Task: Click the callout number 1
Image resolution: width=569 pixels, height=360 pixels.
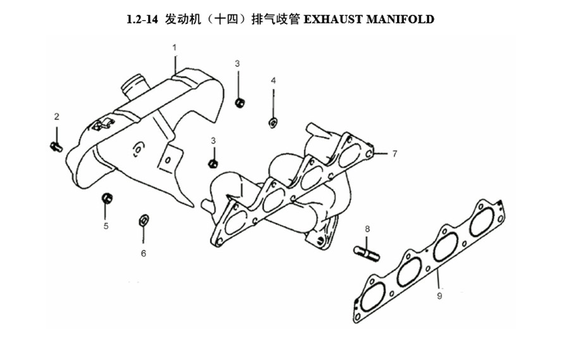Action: (174, 47)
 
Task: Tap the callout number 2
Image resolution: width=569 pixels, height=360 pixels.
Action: (57, 116)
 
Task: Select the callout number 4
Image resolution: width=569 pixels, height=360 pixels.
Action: (273, 80)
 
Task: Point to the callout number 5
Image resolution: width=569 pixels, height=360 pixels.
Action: (106, 226)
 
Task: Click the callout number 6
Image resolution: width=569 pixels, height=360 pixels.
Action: (144, 253)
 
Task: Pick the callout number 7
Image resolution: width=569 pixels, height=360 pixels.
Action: (395, 154)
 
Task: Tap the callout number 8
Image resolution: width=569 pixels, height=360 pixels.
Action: (367, 229)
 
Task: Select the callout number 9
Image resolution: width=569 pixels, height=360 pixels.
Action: (439, 295)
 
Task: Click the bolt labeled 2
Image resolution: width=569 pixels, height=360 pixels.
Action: (56, 146)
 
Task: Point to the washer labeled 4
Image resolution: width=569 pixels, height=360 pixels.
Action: (273, 123)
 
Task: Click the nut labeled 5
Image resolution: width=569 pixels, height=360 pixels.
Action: (107, 198)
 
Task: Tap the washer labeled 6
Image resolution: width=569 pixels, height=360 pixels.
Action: (144, 220)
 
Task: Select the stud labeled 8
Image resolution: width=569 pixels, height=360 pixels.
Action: (367, 253)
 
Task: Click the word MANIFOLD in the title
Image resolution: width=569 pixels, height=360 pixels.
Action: (400, 19)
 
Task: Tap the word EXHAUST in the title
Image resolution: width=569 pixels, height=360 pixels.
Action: (333, 19)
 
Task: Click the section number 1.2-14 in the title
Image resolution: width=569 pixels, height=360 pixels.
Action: (142, 19)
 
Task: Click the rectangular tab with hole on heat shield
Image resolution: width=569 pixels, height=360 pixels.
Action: (169, 160)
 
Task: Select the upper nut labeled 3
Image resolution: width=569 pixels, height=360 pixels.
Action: (239, 102)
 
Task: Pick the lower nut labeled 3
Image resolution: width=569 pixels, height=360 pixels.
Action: (213, 163)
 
